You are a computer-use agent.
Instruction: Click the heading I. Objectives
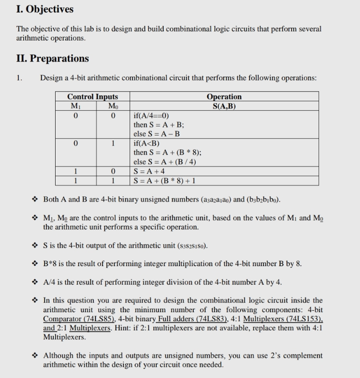(45, 9)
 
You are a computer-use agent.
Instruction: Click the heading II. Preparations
(53, 58)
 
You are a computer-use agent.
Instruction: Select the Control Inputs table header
(93, 97)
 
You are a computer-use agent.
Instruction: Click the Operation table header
(224, 97)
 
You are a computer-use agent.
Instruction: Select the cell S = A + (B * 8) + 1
(165, 180)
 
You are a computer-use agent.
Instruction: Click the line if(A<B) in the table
(147, 143)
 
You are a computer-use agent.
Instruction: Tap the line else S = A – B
(157, 134)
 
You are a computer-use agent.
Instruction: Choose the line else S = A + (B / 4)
(165, 161)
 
